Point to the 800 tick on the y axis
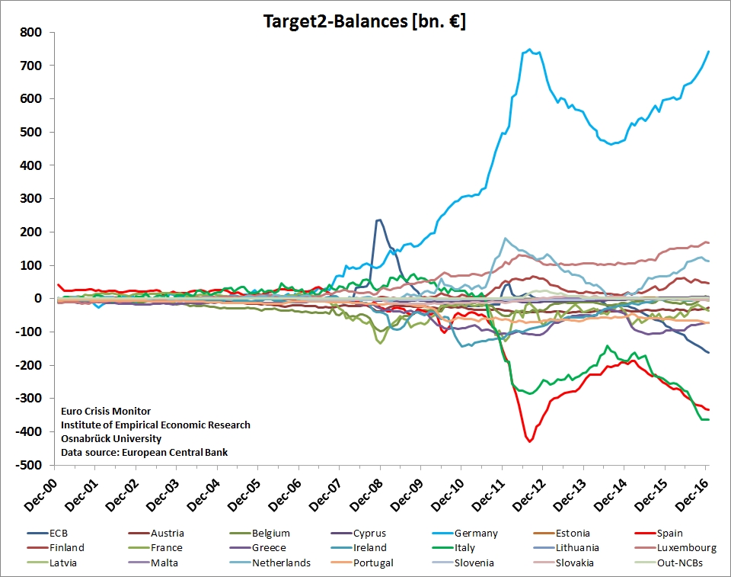click(31, 33)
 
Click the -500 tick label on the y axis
click(28, 465)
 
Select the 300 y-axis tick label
click(31, 199)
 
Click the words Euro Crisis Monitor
click(106, 412)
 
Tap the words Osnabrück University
click(111, 439)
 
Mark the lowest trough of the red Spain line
click(529, 441)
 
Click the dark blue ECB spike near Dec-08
click(378, 220)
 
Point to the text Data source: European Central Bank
click(144, 453)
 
